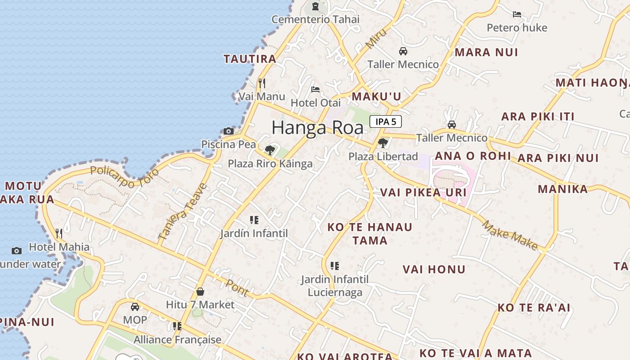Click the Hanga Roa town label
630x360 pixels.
coord(317,128)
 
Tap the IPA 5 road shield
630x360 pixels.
coord(386,121)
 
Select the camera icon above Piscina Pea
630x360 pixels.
coord(229,131)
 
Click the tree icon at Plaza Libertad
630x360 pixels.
coord(383,143)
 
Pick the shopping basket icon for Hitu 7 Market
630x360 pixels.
coord(200,292)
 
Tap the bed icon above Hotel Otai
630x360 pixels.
coord(315,90)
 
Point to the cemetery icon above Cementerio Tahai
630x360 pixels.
coord(315,6)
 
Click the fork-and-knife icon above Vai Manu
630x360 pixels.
coord(262,83)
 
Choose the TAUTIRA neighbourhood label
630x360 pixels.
coord(250,59)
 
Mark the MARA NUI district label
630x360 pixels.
coord(486,52)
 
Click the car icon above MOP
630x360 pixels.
coord(135,307)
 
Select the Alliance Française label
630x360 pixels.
coord(177,340)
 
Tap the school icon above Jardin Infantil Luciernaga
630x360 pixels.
coord(334,266)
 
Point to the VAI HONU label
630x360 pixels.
coord(434,270)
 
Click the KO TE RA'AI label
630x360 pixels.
coord(534,308)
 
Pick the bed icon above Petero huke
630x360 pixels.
coord(517,14)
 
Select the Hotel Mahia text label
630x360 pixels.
coord(59,247)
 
